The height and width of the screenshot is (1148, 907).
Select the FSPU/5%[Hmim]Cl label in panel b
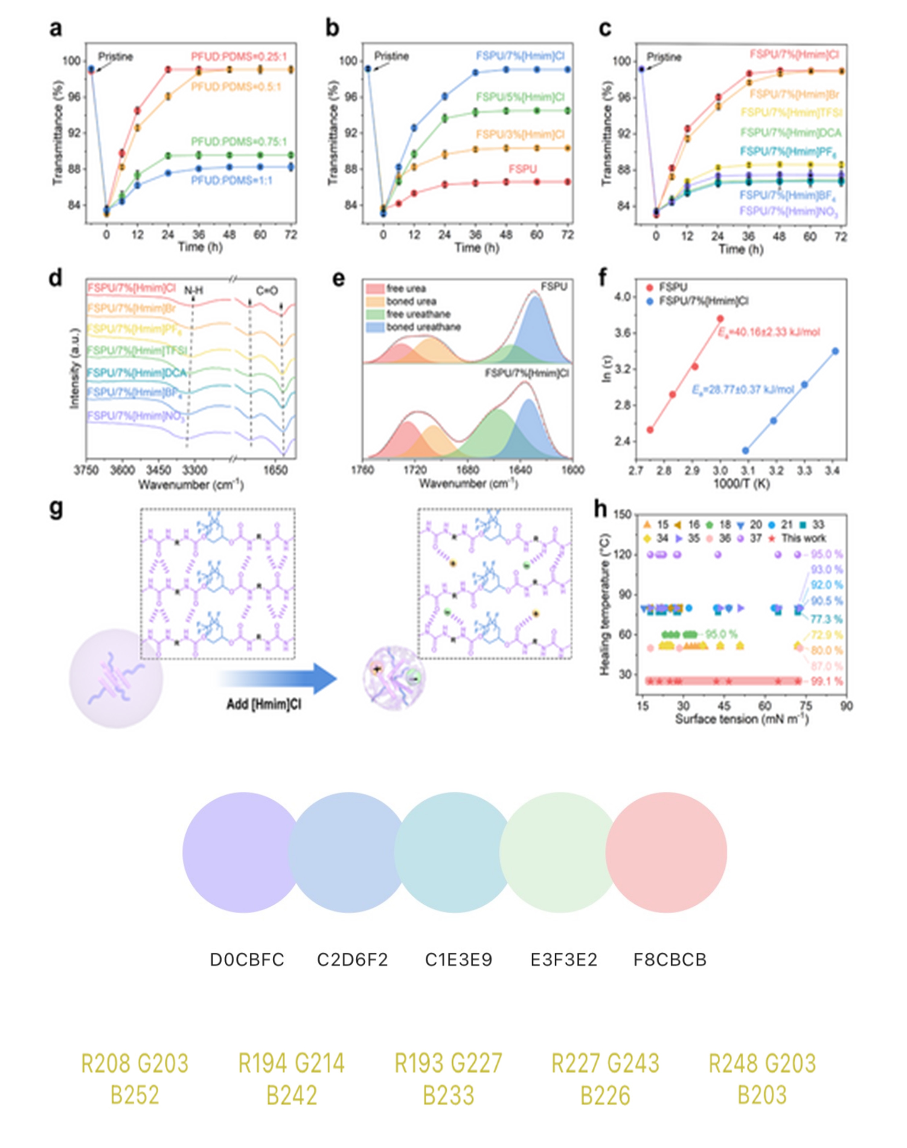tap(520, 97)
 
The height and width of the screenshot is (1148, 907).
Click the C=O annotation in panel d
tap(267, 291)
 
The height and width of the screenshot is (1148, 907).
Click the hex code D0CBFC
tap(247, 960)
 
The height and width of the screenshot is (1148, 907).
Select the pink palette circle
tap(666, 853)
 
